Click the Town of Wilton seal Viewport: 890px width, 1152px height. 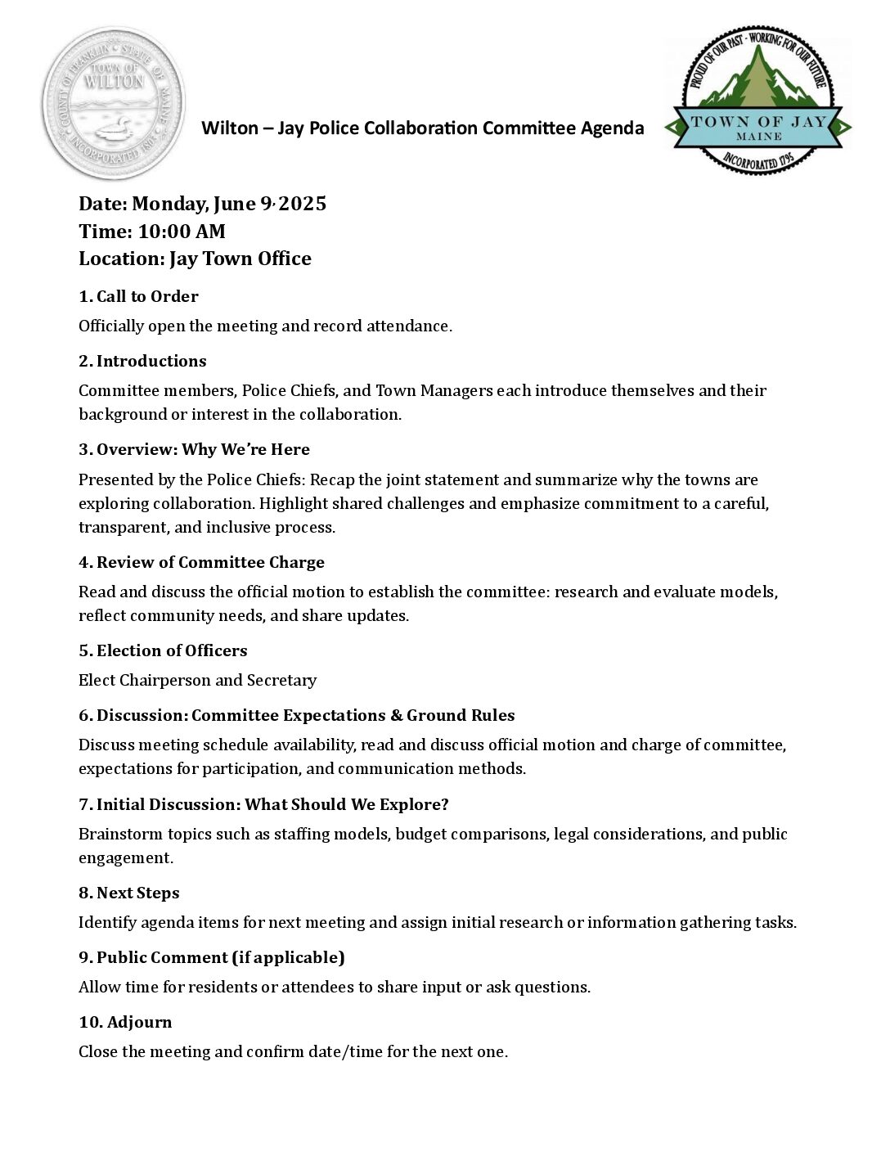click(x=114, y=103)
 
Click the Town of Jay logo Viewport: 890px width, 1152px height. click(x=757, y=99)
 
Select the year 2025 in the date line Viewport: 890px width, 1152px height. click(x=303, y=204)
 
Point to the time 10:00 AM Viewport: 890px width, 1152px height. click(x=182, y=232)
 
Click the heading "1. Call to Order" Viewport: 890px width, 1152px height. click(x=138, y=296)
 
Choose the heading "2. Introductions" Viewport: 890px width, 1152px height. click(x=142, y=361)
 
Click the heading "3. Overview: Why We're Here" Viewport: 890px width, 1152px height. click(x=194, y=449)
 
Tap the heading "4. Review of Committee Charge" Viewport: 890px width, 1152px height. click(x=201, y=562)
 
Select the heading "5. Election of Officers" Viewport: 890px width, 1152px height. click(x=163, y=650)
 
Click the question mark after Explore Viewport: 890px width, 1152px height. click(x=444, y=804)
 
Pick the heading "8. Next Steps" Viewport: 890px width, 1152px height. click(x=129, y=893)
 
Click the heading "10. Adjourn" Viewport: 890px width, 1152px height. click(x=125, y=1022)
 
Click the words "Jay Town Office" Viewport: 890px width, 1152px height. click(x=240, y=259)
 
